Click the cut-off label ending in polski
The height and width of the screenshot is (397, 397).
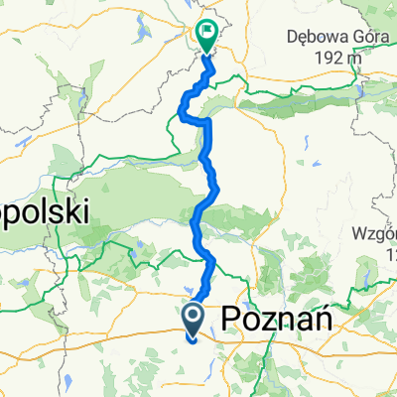(44, 211)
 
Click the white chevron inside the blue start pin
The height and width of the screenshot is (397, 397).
(193, 317)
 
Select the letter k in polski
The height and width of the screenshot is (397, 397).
(73, 211)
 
